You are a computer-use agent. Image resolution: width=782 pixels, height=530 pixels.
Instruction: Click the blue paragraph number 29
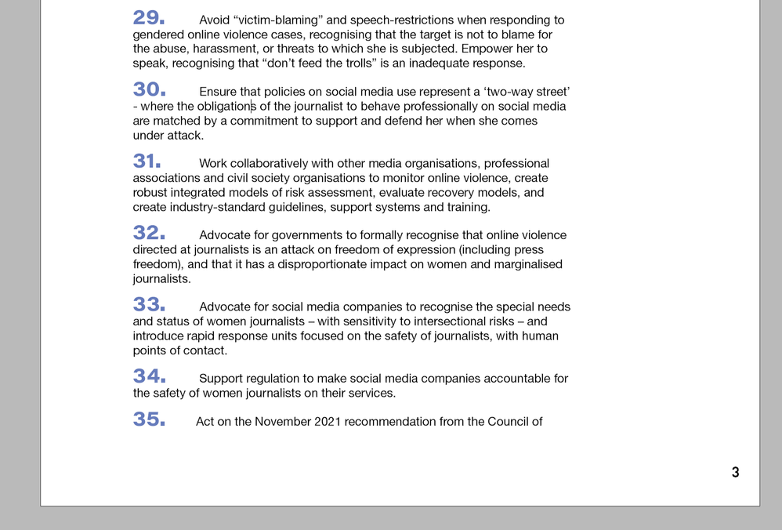148,19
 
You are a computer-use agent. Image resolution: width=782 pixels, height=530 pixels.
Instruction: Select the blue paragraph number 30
149,90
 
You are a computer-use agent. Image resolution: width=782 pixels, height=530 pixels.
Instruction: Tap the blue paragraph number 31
147,162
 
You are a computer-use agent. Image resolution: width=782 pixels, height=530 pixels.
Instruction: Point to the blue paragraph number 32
149,234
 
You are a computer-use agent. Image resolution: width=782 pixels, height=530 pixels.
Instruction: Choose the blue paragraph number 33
149,305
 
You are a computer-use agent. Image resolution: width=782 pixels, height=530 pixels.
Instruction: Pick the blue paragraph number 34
149,377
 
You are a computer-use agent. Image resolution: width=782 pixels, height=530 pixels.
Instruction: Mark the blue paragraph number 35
149,420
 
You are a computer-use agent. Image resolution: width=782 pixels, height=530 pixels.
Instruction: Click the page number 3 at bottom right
735,472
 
